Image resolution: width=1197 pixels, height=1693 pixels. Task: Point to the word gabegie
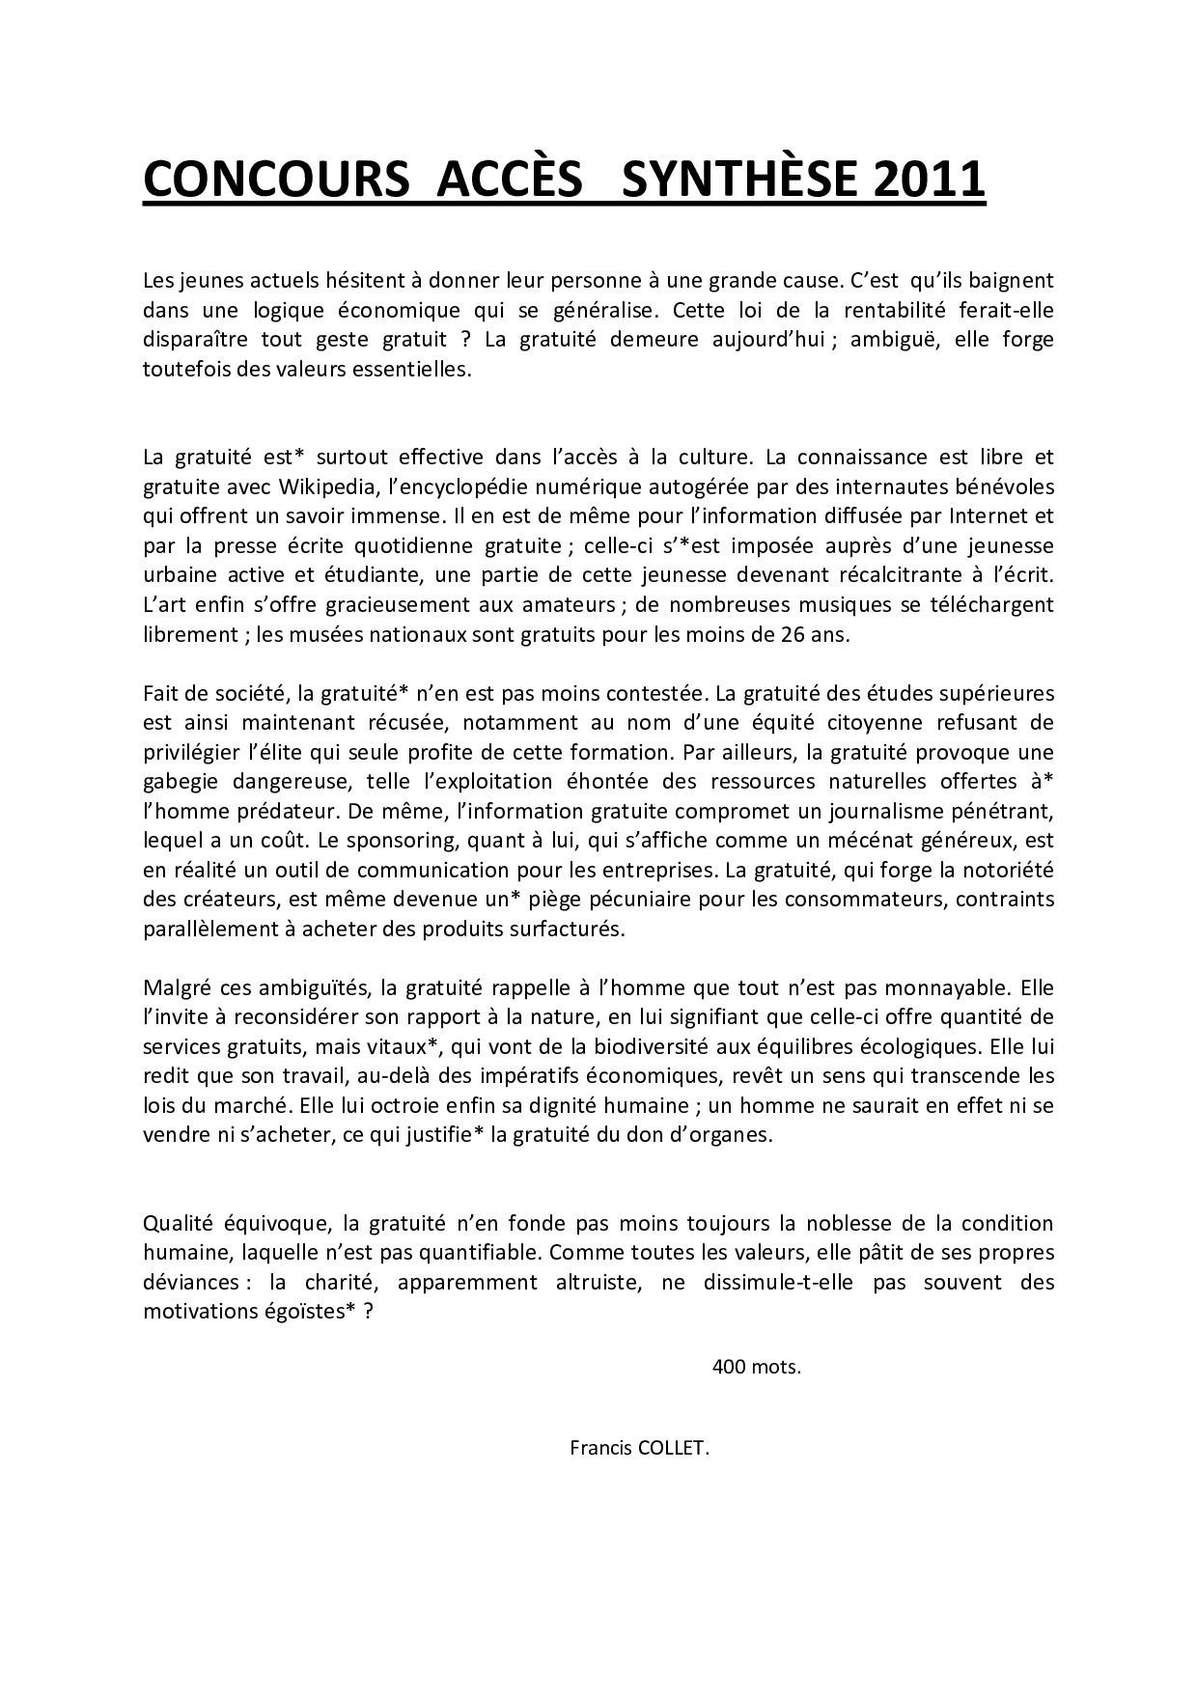point(180,781)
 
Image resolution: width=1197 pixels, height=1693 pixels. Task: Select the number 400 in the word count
point(729,1367)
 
